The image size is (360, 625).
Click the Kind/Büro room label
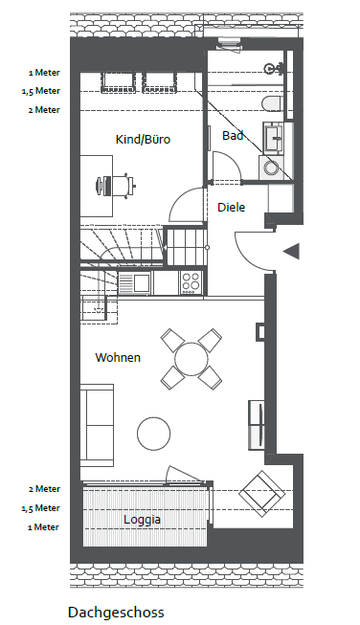(x=143, y=140)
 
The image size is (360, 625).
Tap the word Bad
(x=233, y=136)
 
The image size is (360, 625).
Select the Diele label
(x=232, y=208)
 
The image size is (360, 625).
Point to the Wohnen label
(x=118, y=357)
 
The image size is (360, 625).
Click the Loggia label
(x=142, y=520)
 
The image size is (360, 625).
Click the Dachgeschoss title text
(x=116, y=613)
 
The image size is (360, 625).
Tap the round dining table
(x=191, y=359)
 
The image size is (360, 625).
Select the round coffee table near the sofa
(x=154, y=434)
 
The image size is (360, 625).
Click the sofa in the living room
(x=97, y=425)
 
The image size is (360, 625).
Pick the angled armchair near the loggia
(x=262, y=494)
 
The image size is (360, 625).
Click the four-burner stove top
(x=191, y=282)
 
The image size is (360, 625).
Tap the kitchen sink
(x=134, y=283)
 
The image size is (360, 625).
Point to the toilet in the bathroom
(x=272, y=103)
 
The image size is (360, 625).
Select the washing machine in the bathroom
(x=272, y=167)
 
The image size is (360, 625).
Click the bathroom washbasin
(x=273, y=138)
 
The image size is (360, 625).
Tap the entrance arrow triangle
(x=291, y=252)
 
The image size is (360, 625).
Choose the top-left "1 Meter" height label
(x=44, y=73)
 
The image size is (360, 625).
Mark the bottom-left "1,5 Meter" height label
(x=40, y=508)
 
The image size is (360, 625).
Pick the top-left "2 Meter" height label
(x=44, y=110)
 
